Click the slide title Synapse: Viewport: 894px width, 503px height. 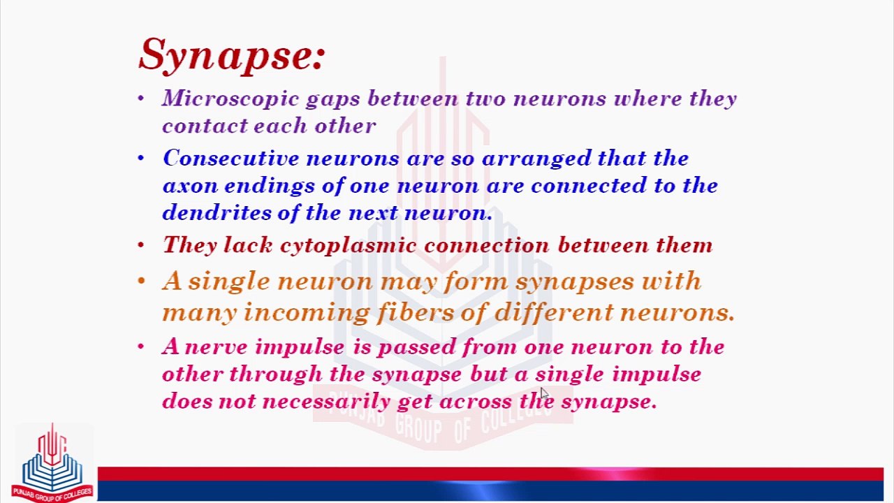(232, 55)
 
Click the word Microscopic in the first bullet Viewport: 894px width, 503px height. (230, 99)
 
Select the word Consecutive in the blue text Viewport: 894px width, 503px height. (231, 158)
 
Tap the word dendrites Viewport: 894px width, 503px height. (217, 212)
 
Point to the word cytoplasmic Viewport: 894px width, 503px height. (349, 246)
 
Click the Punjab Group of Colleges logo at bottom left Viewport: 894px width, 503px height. (52, 462)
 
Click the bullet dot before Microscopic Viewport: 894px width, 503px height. (140, 98)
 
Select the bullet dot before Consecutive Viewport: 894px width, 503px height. (140, 158)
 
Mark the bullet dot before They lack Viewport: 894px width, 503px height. (140, 245)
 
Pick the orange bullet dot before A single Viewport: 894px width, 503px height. (141, 281)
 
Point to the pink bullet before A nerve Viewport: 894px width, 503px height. (140, 346)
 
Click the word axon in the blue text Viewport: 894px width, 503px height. (190, 186)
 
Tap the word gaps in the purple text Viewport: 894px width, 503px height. (333, 99)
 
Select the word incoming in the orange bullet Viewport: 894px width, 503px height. (306, 313)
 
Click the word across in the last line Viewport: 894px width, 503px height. (476, 401)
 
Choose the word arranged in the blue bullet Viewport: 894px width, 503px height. (536, 159)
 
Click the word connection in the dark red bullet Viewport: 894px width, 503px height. (487, 245)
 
